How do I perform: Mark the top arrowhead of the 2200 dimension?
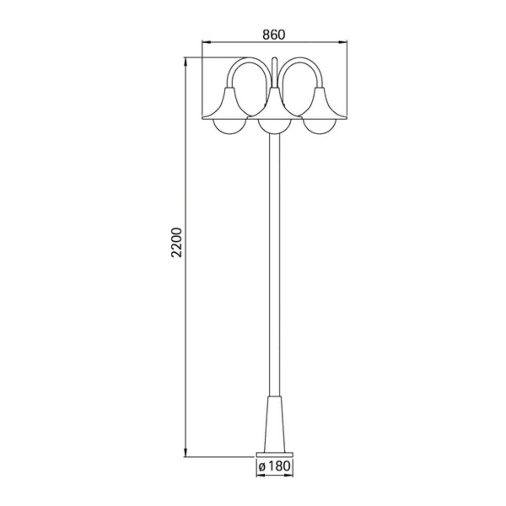coord(185,62)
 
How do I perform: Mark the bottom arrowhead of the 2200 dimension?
coord(185,461)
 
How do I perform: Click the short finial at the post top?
coord(275,68)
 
